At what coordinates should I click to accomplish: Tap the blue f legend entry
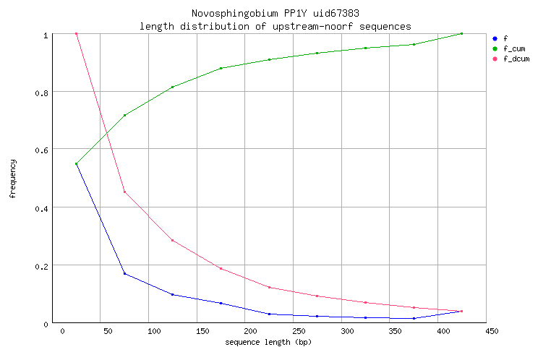[x=504, y=38]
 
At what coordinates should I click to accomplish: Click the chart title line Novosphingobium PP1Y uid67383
[x=275, y=14]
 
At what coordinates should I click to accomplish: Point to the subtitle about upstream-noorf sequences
[x=275, y=26]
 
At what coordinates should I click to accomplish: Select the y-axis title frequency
[x=13, y=178]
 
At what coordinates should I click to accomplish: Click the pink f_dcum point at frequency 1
[x=76, y=34]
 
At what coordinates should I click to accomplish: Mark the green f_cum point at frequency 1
[x=461, y=34]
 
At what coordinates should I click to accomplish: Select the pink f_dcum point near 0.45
[x=124, y=192]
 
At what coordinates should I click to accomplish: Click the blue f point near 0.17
[x=124, y=273]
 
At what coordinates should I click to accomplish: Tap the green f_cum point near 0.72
[x=124, y=115]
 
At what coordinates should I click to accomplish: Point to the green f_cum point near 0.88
[x=221, y=69]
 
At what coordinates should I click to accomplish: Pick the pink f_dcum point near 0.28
[x=172, y=240]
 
